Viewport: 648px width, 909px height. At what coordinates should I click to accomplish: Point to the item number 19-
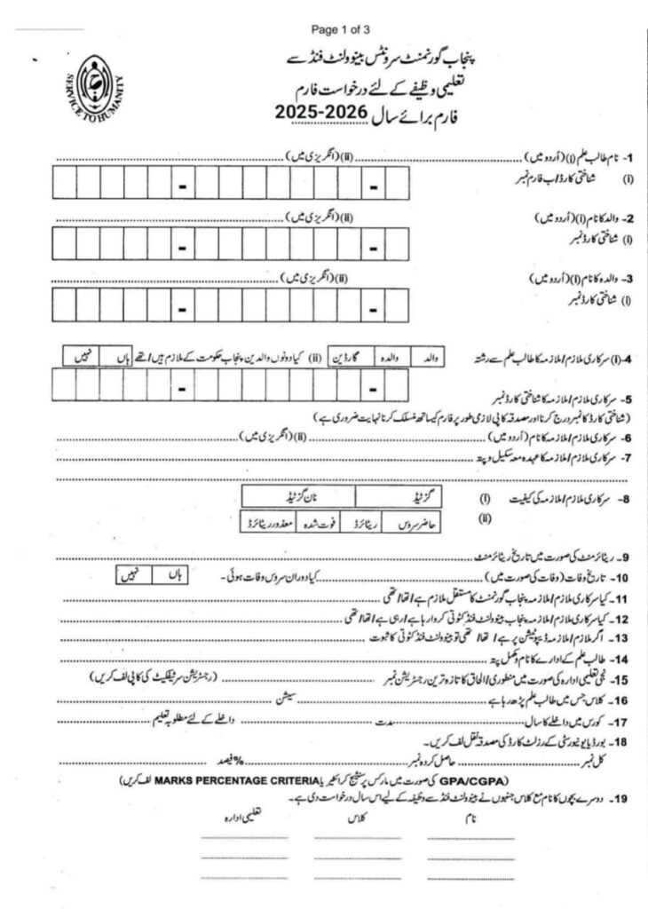[x=620, y=797]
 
